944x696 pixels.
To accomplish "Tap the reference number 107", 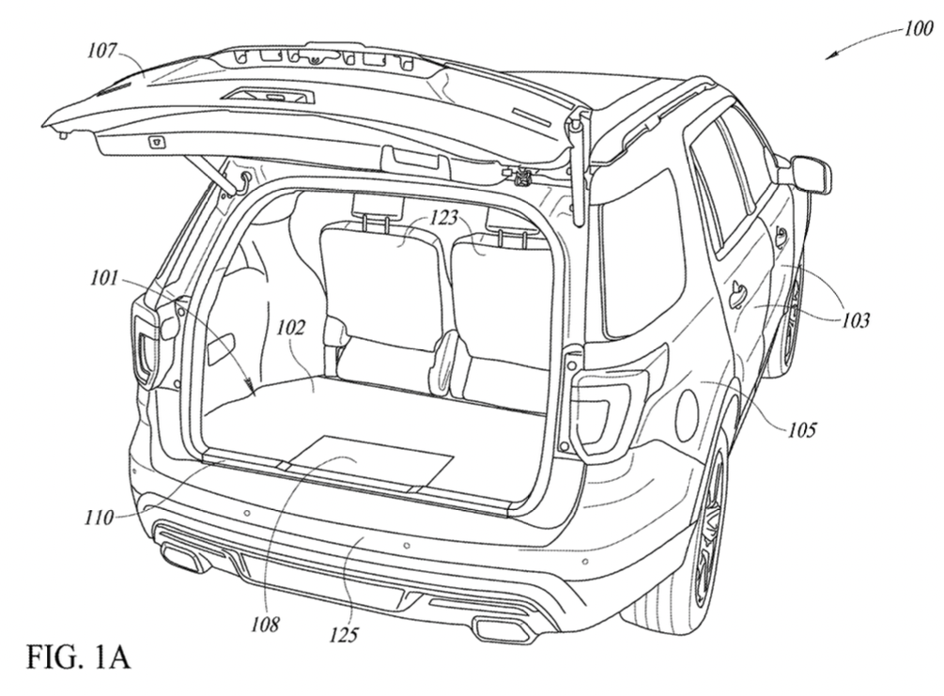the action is pos(101,50).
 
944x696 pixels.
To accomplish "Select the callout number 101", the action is pos(104,279).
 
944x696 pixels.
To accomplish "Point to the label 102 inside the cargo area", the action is pos(291,328).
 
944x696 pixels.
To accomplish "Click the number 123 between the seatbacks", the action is pos(443,217).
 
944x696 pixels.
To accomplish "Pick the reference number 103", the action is pos(856,319).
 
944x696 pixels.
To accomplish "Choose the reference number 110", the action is pos(99,517).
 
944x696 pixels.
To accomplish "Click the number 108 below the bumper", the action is pos(265,625).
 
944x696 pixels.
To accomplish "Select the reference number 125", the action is pos(344,635).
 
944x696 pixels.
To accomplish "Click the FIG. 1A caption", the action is pos(79,657).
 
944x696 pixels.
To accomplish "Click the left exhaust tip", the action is pos(181,558).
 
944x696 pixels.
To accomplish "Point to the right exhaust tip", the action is pos(503,628).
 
